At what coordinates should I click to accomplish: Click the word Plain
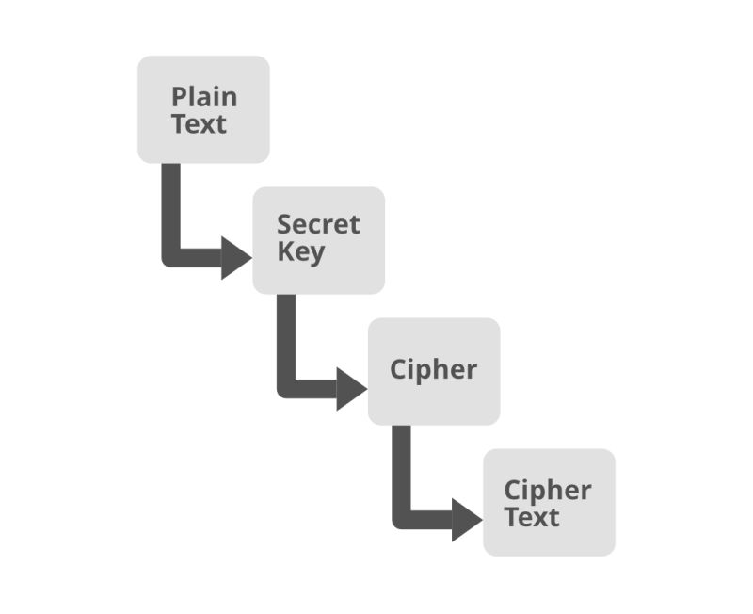point(204,97)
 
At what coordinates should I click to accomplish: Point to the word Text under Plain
point(199,124)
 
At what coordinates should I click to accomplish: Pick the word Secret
point(318,225)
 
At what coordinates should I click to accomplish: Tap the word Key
point(300,252)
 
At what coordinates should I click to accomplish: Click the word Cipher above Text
point(547,491)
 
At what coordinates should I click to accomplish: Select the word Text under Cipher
point(531,517)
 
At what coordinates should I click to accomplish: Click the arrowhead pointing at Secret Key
point(235,258)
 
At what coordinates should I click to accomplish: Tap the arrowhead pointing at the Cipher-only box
point(350,389)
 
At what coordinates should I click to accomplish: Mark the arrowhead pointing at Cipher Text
point(466,520)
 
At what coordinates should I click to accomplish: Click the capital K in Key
point(285,252)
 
